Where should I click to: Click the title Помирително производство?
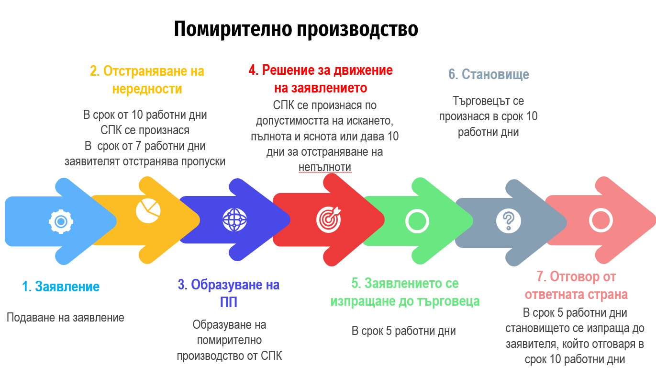click(296, 29)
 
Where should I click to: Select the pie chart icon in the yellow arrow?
click(148, 211)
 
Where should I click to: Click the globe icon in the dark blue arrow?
click(234, 219)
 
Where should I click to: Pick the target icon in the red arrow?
click(329, 219)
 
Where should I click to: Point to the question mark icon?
click(509, 220)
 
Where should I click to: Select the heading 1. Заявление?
click(61, 287)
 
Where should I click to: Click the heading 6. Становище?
click(489, 74)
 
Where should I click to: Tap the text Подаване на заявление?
click(65, 318)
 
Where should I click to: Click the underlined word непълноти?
click(325, 167)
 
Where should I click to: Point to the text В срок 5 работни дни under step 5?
click(403, 331)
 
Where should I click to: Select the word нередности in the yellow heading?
click(147, 89)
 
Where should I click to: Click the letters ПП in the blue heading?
click(229, 302)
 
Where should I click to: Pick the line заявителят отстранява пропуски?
click(145, 161)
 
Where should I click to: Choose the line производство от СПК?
click(229, 356)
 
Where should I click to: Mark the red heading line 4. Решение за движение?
click(321, 70)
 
